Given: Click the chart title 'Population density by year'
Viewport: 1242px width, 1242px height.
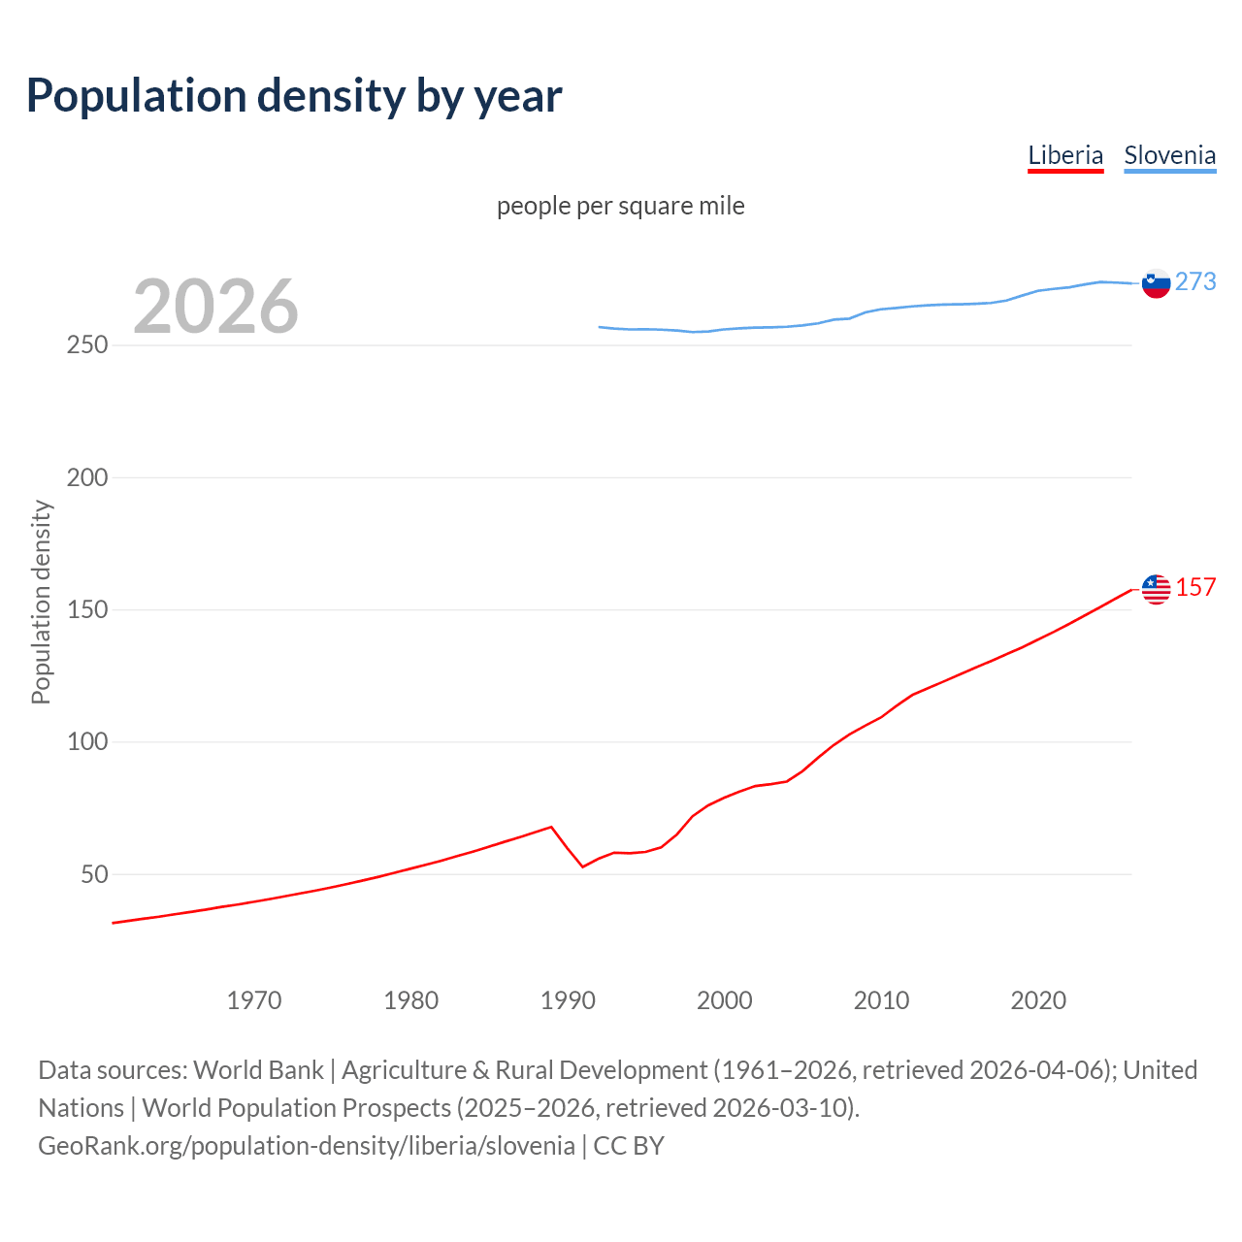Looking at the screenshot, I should click(x=294, y=96).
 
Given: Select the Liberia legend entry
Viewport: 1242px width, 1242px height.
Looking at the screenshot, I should click(x=1065, y=155).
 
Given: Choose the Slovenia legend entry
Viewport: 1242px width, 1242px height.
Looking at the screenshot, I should click(x=1169, y=155).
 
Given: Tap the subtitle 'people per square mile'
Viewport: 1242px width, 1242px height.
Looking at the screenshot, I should click(x=620, y=206).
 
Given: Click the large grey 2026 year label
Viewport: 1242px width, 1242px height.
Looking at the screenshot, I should click(x=215, y=307).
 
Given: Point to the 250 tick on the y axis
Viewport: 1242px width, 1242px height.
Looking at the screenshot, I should click(x=86, y=345).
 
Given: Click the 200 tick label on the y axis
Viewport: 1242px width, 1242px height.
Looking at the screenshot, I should click(x=86, y=477).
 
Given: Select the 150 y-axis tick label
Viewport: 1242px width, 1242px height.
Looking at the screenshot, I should click(x=86, y=610).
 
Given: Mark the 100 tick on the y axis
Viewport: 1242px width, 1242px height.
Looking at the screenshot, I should click(x=86, y=742).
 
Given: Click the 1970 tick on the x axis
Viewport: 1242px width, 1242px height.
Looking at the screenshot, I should click(x=254, y=1000).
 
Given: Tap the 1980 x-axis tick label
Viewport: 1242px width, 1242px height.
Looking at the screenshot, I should click(x=411, y=1000).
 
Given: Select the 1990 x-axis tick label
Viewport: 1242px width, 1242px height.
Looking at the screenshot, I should click(x=568, y=1000).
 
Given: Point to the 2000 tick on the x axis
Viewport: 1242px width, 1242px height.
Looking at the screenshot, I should click(x=725, y=1000).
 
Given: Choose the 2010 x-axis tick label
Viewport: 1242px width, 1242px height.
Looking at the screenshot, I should click(x=881, y=1000).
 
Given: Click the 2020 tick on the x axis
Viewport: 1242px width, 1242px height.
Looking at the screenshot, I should click(x=1038, y=1000).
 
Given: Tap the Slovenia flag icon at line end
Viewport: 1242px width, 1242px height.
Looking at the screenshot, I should click(x=1156, y=283).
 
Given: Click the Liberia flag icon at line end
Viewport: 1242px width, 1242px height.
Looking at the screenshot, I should click(x=1156, y=589).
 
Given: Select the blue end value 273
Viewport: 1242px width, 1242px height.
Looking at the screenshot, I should click(x=1195, y=281).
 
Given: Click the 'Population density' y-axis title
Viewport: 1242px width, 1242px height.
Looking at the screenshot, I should click(x=41, y=602).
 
